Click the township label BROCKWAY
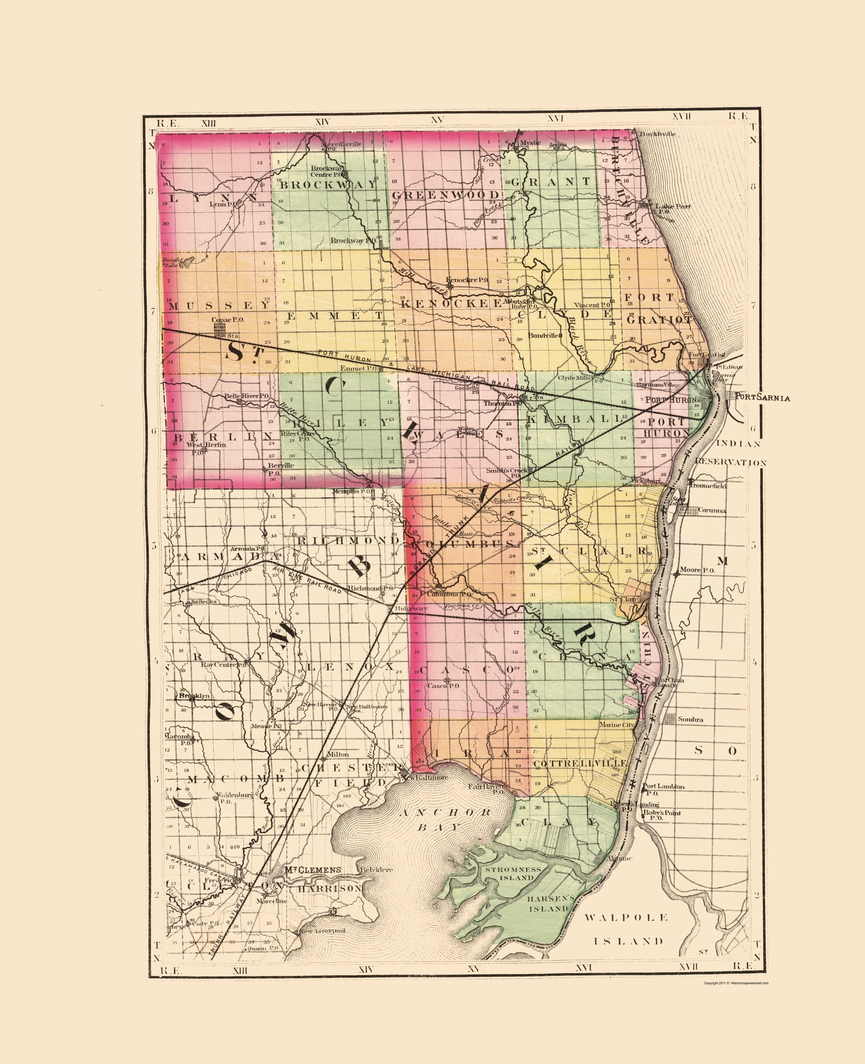[x=328, y=184]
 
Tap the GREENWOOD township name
[x=445, y=195]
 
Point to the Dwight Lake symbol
[x=186, y=263]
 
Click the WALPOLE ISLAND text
[x=626, y=929]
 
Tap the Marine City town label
[x=617, y=724]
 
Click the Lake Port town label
[x=672, y=206]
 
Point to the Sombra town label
[x=691, y=720]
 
